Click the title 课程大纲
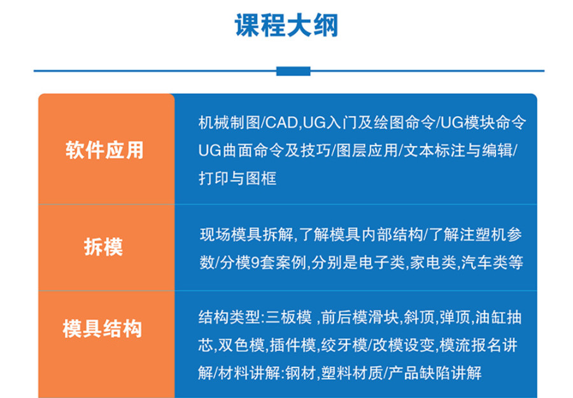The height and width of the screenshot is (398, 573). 286,26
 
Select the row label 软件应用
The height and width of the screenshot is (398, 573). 104,150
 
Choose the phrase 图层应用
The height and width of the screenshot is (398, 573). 365,150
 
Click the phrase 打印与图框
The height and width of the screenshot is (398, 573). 237,179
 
